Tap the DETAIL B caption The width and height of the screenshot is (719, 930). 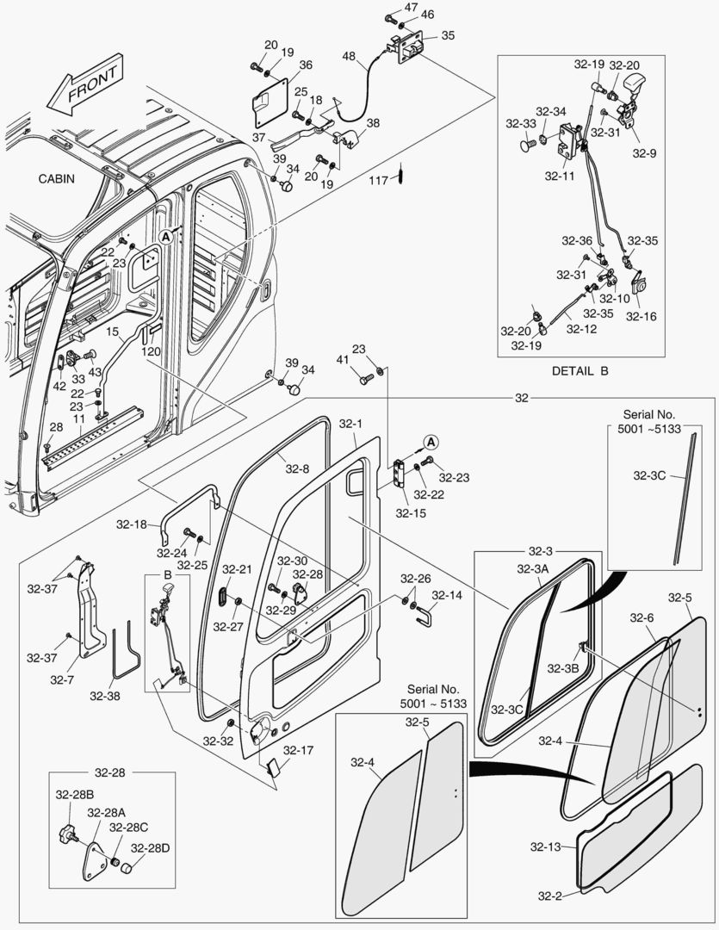(580, 371)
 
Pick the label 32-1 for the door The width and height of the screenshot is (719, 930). (350, 424)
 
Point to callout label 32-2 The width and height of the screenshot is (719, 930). (550, 896)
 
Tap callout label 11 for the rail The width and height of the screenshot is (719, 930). (77, 418)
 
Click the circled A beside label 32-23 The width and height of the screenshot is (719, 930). (432, 442)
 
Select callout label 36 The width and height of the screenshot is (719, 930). (306, 65)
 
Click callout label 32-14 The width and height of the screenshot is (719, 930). (446, 595)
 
